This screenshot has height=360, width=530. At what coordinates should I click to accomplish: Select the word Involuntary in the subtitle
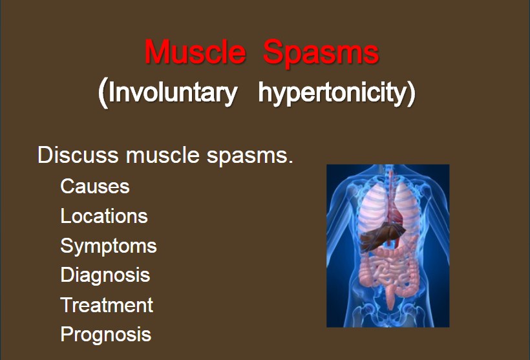[173, 92]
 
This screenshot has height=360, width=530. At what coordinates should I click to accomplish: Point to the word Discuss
[78, 155]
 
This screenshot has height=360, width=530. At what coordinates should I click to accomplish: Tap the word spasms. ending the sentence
[249, 156]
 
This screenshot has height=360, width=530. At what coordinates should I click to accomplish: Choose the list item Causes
[95, 186]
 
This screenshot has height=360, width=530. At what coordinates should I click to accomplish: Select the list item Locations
[104, 216]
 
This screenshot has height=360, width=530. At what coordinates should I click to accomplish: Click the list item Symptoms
[109, 246]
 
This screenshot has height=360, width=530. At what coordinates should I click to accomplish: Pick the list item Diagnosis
[105, 275]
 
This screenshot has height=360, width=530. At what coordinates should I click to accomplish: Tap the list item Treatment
[107, 305]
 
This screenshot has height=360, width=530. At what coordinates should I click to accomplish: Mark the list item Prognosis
[106, 335]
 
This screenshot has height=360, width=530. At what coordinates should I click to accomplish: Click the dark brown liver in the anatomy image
[380, 237]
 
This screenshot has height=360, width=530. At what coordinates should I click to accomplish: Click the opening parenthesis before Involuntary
[103, 93]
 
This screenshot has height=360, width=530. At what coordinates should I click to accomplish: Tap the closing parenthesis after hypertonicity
[411, 93]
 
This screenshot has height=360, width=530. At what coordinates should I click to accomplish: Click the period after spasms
[290, 162]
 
